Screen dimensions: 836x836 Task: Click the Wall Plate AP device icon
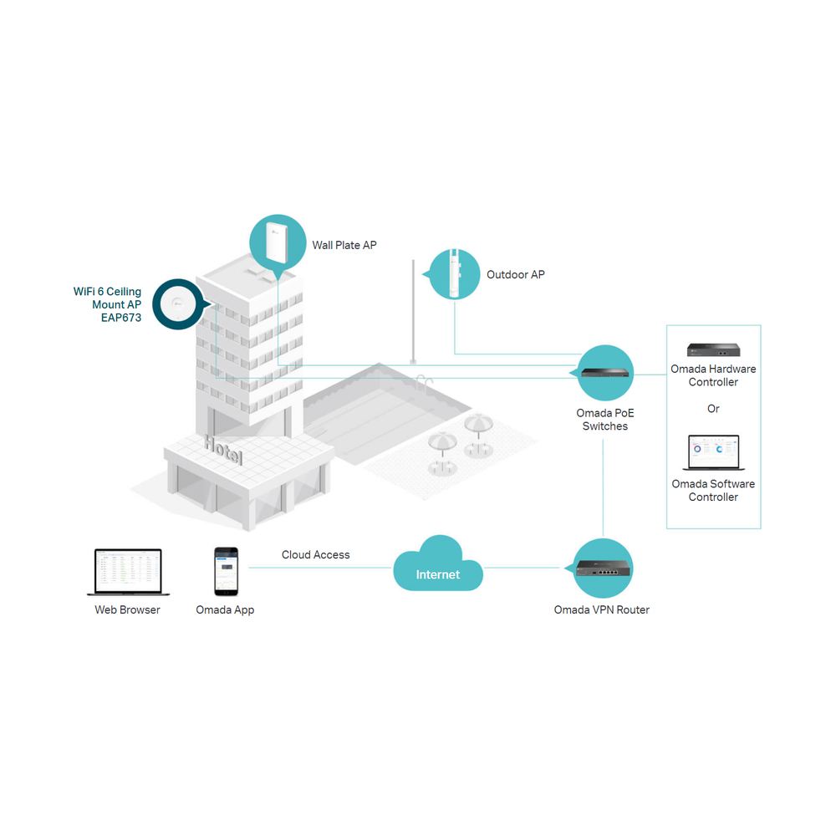278,242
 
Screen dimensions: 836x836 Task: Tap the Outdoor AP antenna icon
454,274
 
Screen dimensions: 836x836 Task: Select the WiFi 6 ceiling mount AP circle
178,304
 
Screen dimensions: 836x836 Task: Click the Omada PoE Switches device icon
605,373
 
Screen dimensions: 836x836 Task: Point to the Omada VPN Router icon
603,568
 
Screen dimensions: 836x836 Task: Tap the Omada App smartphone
226,571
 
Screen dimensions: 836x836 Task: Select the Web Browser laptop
128,572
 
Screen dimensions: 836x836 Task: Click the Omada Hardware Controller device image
713,349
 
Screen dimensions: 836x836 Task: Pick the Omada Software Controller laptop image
713,452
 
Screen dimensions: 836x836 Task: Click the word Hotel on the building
223,449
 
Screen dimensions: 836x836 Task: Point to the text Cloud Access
316,554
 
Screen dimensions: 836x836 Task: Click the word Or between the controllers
713,409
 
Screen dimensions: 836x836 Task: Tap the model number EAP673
121,318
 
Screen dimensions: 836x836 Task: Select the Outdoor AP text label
516,274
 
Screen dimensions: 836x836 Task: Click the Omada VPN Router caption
601,609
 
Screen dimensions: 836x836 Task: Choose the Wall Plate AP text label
344,245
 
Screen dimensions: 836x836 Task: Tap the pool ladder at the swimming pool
425,380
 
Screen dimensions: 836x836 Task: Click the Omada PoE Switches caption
605,420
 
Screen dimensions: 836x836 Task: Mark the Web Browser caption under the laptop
127,609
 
